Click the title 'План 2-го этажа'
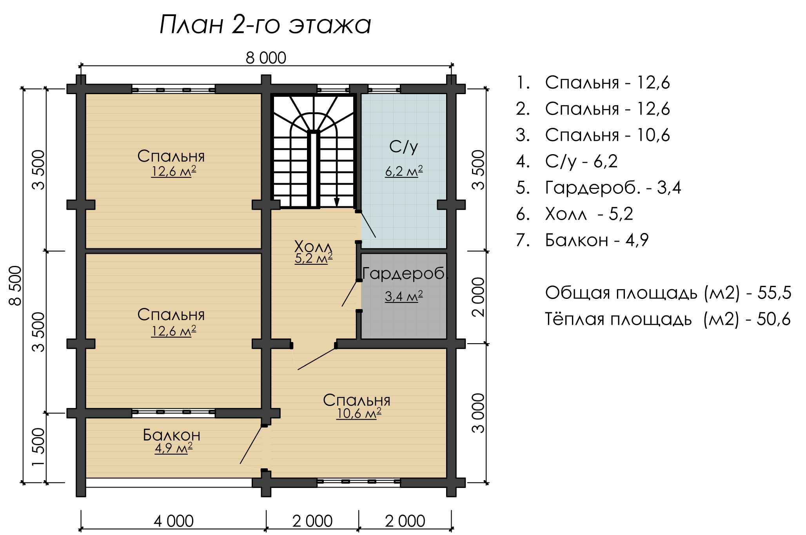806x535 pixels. tap(265, 25)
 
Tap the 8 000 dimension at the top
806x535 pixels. tap(266, 58)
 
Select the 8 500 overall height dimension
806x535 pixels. tap(15, 286)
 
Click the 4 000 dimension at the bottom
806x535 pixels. tap(173, 521)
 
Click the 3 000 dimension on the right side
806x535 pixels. tap(478, 413)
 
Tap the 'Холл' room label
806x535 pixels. tap(313, 247)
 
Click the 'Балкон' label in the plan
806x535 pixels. tap(172, 435)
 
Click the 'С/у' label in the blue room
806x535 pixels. tap(404, 147)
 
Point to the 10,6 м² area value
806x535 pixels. tap(359, 413)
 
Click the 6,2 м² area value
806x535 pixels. tap(404, 171)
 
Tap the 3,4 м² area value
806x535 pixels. tap(404, 296)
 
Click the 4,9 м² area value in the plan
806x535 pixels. tap(173, 448)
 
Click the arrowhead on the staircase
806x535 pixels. tap(336, 202)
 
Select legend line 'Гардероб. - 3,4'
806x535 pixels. tap(598, 188)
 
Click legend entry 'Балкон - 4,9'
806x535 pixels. tap(582, 240)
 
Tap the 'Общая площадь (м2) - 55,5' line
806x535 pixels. tap(668, 293)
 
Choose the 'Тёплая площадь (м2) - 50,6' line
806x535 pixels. tap(668, 319)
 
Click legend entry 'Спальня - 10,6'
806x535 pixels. tap(593, 135)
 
